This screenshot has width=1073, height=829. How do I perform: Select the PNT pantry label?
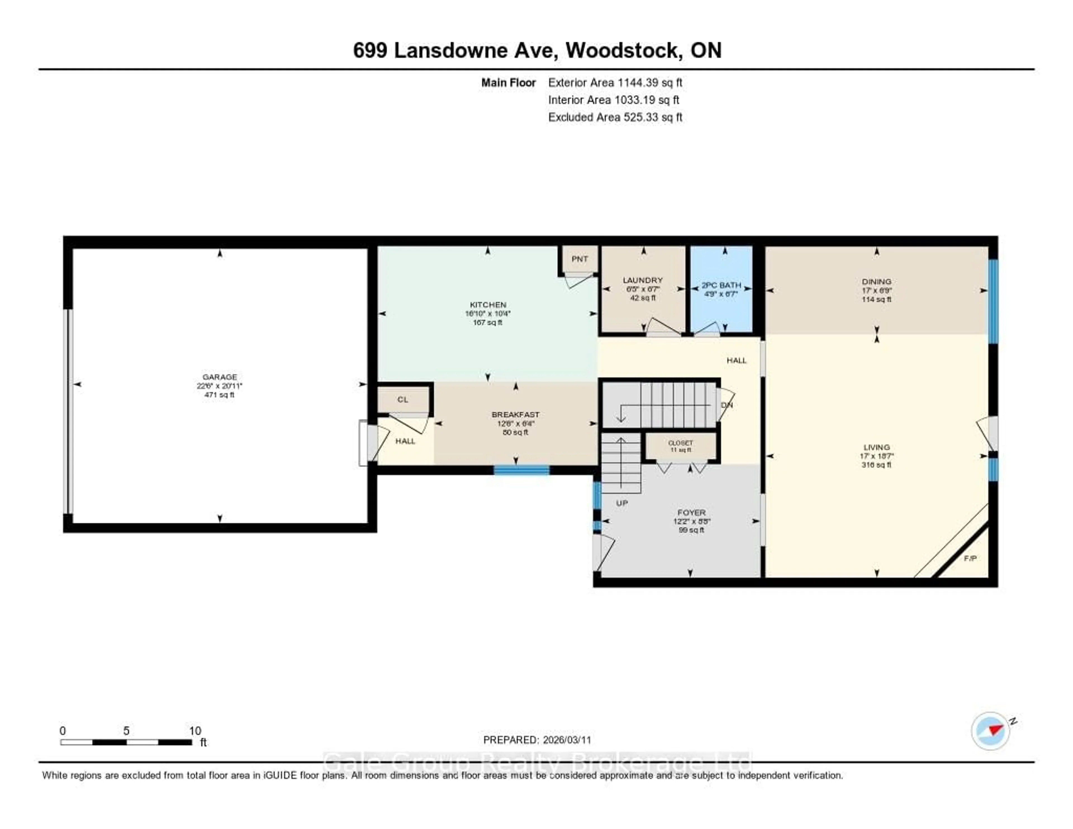point(580,259)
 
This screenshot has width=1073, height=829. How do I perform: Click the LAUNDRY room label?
point(643,280)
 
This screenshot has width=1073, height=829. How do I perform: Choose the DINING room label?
point(877,281)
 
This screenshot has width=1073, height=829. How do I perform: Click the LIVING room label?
point(877,447)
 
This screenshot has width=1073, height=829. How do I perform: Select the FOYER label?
point(691,513)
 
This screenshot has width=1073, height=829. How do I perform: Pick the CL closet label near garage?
point(403,399)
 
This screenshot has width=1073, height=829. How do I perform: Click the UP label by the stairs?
point(622,503)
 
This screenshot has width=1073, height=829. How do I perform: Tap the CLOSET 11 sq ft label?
point(680,446)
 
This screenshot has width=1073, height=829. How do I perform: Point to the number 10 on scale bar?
point(195,731)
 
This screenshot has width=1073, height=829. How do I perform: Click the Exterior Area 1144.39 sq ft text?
point(615,82)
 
